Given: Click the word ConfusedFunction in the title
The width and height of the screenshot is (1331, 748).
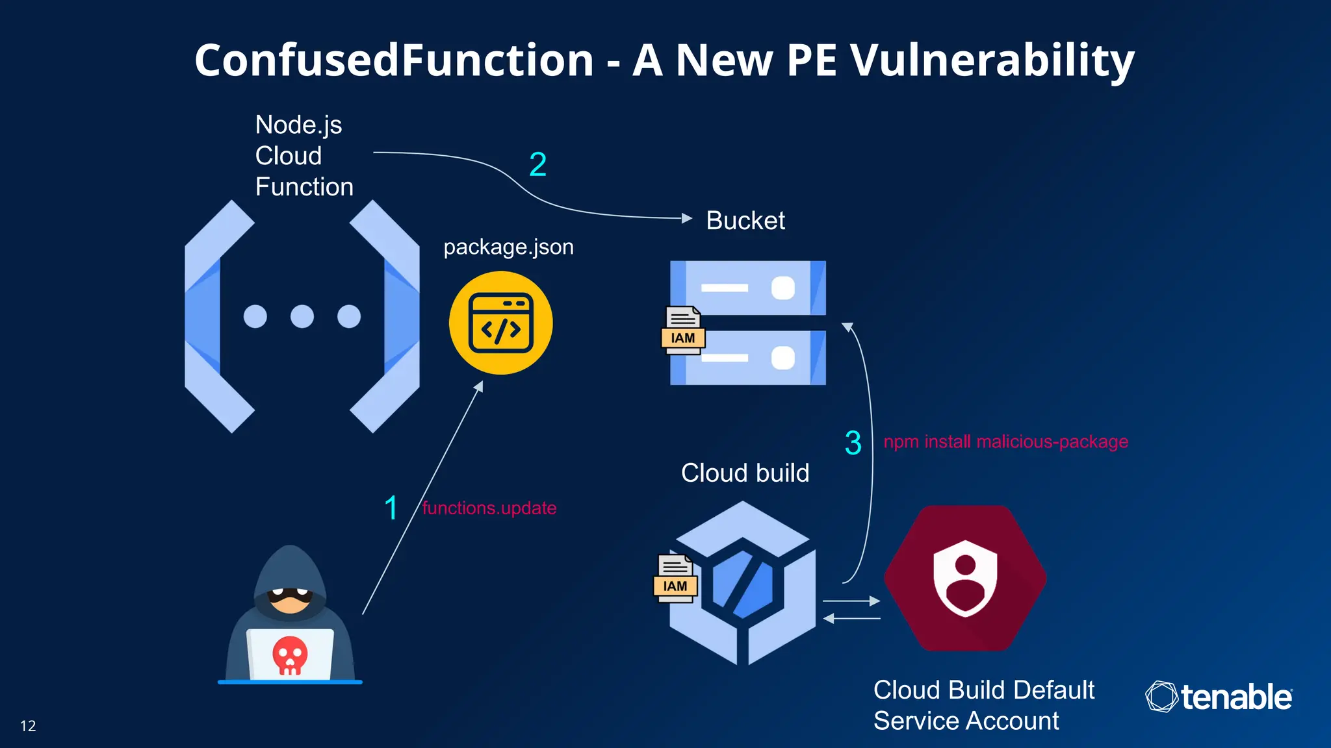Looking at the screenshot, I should [x=394, y=60].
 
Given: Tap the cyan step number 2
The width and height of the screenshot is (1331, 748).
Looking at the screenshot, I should [x=537, y=164].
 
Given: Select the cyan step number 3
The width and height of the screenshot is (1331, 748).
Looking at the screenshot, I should [x=853, y=443].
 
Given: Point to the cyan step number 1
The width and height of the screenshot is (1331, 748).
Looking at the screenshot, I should [x=391, y=508].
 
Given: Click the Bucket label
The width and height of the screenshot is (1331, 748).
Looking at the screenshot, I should [x=745, y=221].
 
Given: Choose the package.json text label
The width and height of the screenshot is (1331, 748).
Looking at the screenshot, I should [x=508, y=247].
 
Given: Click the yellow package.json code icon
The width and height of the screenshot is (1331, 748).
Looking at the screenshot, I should [x=500, y=323].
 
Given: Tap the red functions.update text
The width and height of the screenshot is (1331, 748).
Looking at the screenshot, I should [x=489, y=508].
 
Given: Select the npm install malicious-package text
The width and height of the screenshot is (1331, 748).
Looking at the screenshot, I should [x=1005, y=442].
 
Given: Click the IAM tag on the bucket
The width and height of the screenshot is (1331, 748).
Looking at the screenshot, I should [x=682, y=337].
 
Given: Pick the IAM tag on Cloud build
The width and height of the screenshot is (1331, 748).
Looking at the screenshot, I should [x=675, y=585].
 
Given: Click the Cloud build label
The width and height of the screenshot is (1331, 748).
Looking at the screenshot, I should [x=745, y=473].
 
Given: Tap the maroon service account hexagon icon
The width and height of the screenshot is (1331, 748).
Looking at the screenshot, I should [x=965, y=578].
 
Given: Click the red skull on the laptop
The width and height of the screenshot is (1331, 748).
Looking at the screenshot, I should [x=290, y=654].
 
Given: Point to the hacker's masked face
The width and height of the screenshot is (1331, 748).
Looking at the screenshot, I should [x=290, y=597].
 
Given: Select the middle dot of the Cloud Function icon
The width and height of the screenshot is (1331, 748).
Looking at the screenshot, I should [x=302, y=316].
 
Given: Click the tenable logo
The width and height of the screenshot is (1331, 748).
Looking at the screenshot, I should [x=1219, y=697].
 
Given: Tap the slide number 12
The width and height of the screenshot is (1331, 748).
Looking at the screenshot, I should [x=28, y=726].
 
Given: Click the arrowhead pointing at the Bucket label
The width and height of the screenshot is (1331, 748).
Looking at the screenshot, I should [x=687, y=218].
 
